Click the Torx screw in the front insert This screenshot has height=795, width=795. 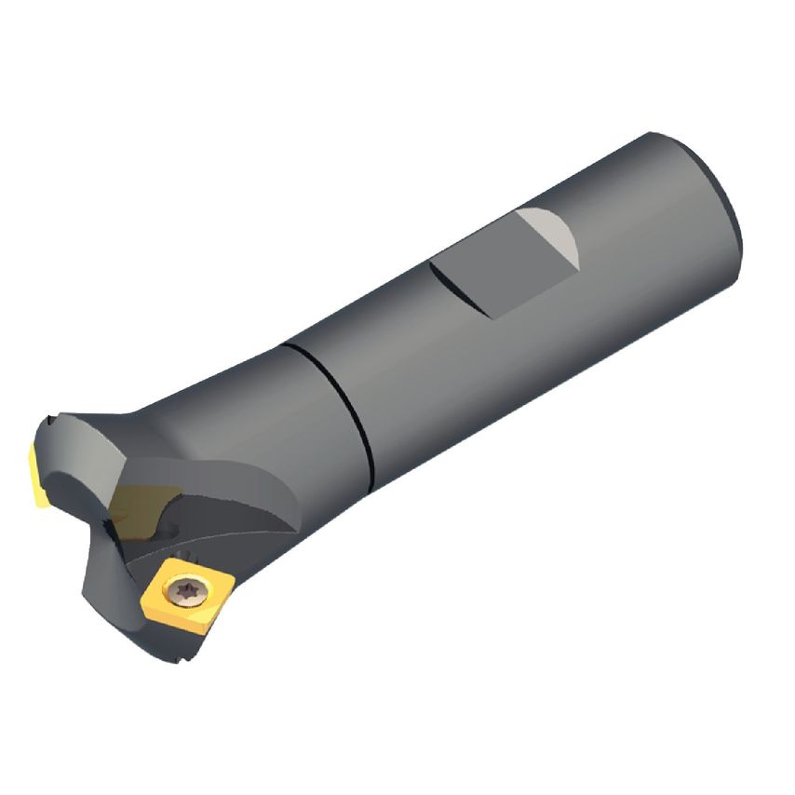(x=181, y=588)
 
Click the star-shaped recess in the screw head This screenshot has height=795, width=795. (x=181, y=588)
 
